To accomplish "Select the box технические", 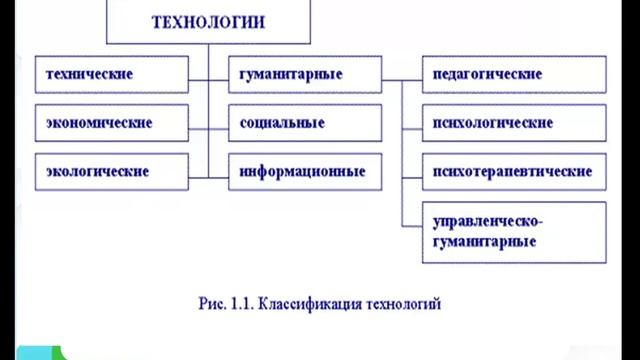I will pyautogui.click(x=111, y=75).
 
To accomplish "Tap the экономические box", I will pyautogui.click(x=111, y=123).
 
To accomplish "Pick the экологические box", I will pyautogui.click(x=111, y=171).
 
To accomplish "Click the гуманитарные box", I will pyautogui.click(x=305, y=75).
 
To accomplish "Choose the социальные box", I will pyautogui.click(x=305, y=123).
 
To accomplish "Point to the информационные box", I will pyautogui.click(x=305, y=171).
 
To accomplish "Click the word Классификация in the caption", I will pyautogui.click(x=299, y=301).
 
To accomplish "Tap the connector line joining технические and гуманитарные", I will pyautogui.click(x=208, y=75).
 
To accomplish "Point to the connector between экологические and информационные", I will pyautogui.click(x=208, y=171).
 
